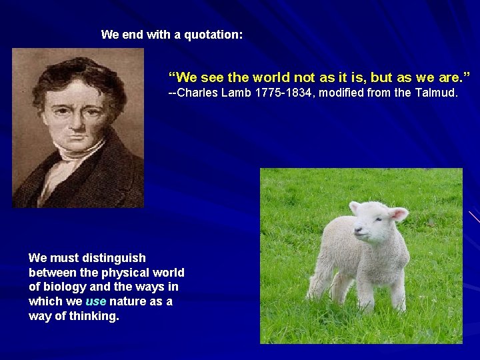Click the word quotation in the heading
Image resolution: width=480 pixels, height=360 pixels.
(213, 35)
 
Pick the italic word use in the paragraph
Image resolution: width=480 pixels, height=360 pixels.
(95, 301)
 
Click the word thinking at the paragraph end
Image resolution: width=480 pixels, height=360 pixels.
(95, 316)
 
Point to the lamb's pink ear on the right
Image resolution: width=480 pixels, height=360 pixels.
(399, 214)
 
